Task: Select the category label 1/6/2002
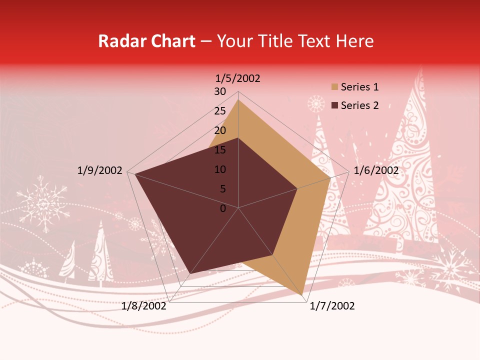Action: click(376, 170)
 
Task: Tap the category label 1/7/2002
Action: click(332, 306)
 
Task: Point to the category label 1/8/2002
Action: click(144, 306)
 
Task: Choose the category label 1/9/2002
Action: click(100, 170)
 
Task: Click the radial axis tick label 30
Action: click(219, 91)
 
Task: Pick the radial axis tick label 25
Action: click(219, 111)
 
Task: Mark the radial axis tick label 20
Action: click(219, 130)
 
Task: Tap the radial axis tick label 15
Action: click(219, 150)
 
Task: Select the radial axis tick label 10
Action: click(219, 169)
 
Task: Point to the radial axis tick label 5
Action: click(222, 189)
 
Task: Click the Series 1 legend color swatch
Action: click(334, 87)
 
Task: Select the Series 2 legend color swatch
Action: click(334, 105)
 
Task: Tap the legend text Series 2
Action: click(359, 105)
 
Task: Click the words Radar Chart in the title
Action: click(146, 41)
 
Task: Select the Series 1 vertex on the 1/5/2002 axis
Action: click(238, 99)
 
